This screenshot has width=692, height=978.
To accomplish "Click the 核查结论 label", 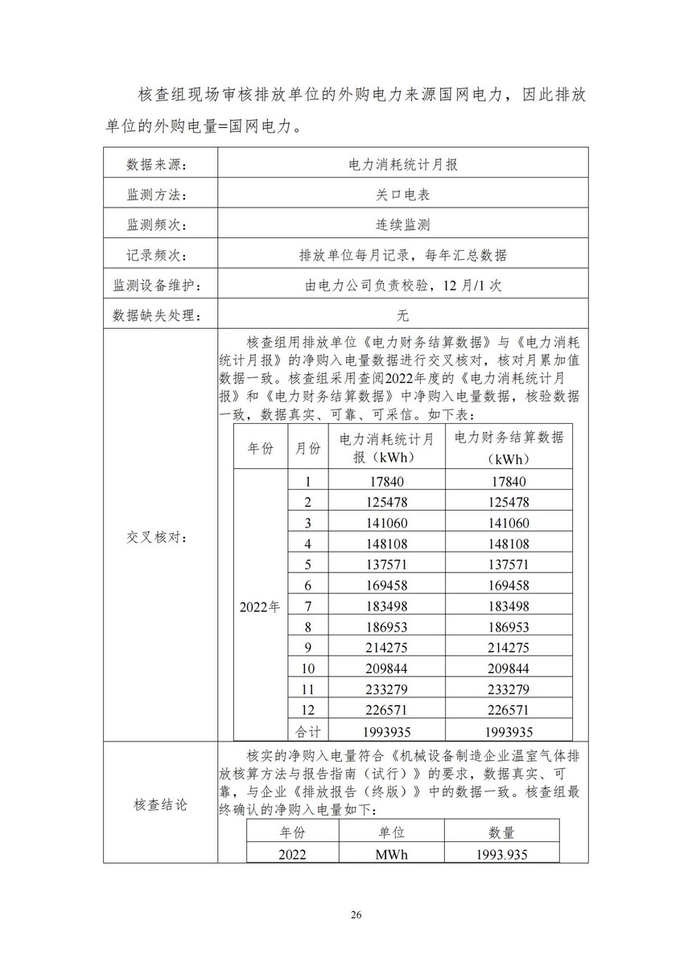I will point(160,804).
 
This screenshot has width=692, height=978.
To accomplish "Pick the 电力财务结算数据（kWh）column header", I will point(509,447).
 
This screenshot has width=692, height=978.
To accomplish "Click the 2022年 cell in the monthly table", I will point(260,606).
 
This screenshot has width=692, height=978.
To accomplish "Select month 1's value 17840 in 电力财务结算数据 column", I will point(508,481).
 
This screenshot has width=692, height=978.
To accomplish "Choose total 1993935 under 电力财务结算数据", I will point(508,731).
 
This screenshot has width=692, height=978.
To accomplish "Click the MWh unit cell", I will point(391,854).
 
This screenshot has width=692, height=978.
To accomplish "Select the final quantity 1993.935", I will point(501,854).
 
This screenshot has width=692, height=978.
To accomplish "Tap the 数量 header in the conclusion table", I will point(501,832).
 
